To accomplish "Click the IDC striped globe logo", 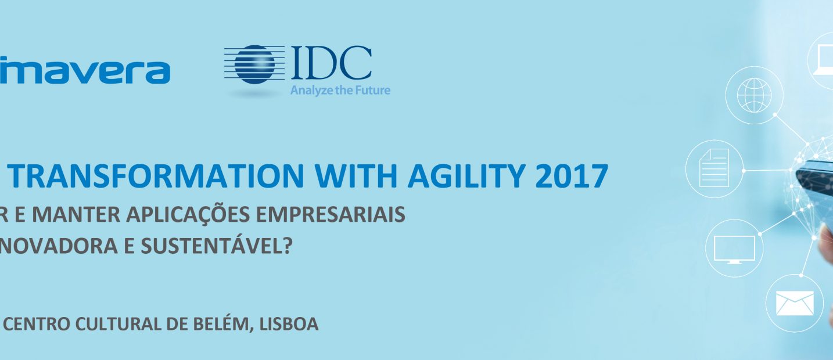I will (x=254, y=66).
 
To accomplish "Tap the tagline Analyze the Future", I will (x=340, y=90).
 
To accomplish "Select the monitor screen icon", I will (x=734, y=248).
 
